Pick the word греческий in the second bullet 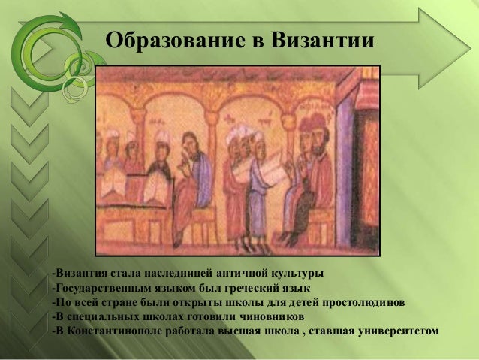255,287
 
